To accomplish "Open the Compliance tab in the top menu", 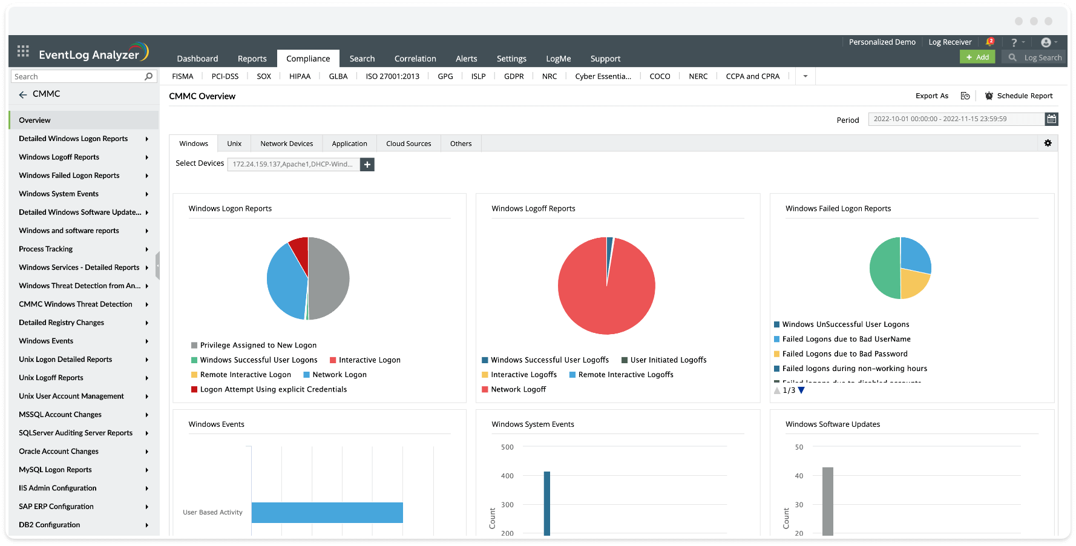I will (x=308, y=59).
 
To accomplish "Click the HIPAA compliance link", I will (x=300, y=76).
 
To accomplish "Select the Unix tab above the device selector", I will (x=234, y=143).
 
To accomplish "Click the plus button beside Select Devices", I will (x=367, y=164).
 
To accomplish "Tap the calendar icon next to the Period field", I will (x=1051, y=119).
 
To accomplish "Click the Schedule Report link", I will (x=1024, y=96).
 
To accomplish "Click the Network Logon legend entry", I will (x=339, y=375).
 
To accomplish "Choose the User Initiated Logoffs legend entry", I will (x=668, y=360).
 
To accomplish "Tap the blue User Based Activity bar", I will (x=327, y=512).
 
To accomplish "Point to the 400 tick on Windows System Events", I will (x=507, y=476).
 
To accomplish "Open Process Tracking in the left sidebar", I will (x=46, y=249).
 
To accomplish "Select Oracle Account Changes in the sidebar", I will (x=59, y=451).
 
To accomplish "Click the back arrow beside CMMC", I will (x=23, y=94).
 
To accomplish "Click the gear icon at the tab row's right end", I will (x=1048, y=143).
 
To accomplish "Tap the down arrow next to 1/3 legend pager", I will (x=801, y=390).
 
